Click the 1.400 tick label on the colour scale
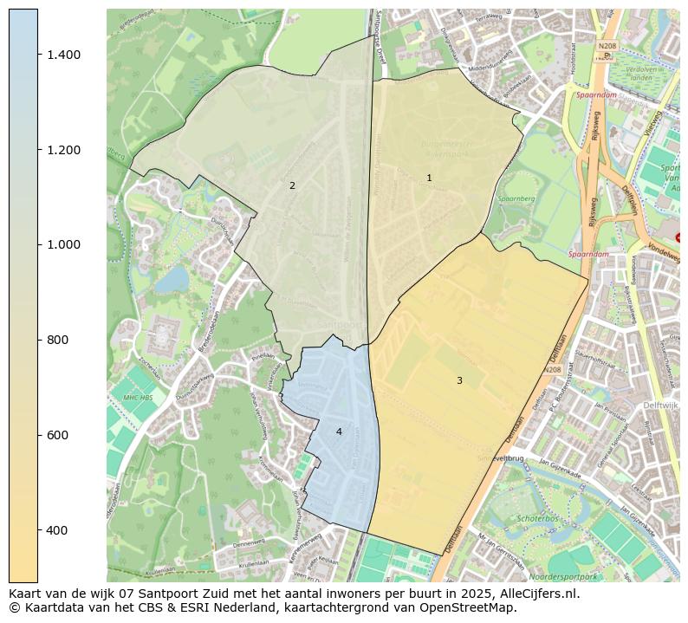64,55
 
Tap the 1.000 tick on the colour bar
64,244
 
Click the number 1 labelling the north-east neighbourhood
429,178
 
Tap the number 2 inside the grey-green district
292,185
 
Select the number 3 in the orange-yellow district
459,380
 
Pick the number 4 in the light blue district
339,432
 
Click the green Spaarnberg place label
517,198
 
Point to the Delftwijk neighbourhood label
660,406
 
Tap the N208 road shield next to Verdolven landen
607,45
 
